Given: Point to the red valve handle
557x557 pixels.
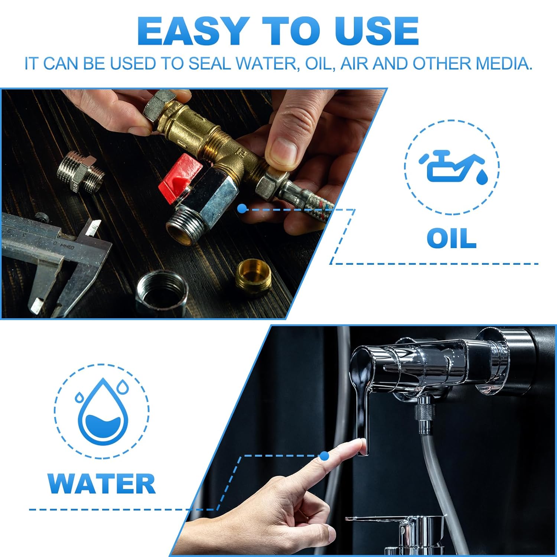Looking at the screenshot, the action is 179,177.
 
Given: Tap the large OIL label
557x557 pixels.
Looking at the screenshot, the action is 452,238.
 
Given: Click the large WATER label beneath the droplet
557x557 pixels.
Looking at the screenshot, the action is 101,484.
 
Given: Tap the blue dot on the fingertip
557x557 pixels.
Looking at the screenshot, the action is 325,456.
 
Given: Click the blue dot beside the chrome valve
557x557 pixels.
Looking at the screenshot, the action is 242,209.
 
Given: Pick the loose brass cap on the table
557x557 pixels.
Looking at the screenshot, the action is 254,277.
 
